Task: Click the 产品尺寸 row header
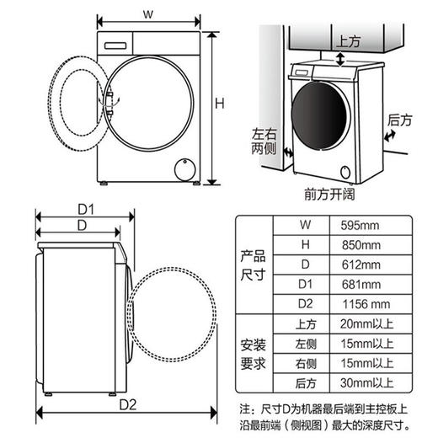(254, 264)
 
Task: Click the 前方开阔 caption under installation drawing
(328, 193)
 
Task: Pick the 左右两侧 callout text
(264, 140)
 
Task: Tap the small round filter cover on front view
(182, 169)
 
